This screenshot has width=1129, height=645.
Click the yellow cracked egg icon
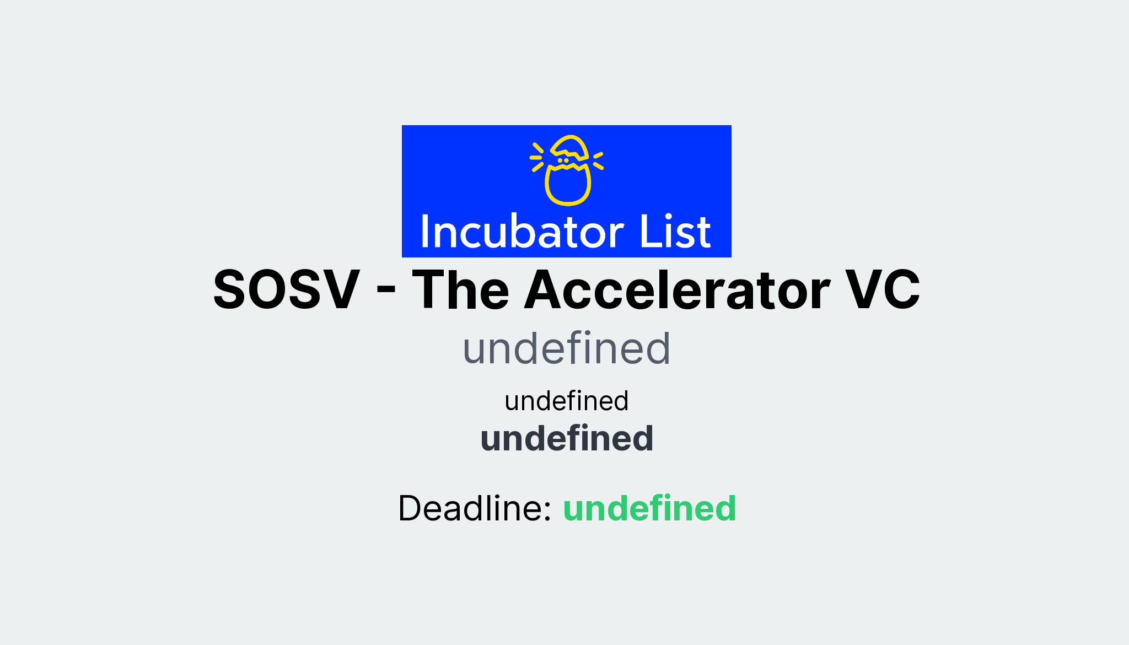click(567, 170)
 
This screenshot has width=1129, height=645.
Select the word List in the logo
click(675, 232)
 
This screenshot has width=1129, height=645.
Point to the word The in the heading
click(460, 290)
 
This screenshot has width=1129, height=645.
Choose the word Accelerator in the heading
click(678, 290)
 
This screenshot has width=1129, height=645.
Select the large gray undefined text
click(566, 348)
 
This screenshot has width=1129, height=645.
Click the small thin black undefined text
click(566, 401)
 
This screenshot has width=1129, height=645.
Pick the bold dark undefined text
click(567, 439)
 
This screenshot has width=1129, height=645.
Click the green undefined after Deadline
click(649, 508)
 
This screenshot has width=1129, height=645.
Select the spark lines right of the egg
click(598, 160)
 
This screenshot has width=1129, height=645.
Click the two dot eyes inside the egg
click(563, 160)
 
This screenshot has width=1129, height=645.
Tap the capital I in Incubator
click(424, 232)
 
